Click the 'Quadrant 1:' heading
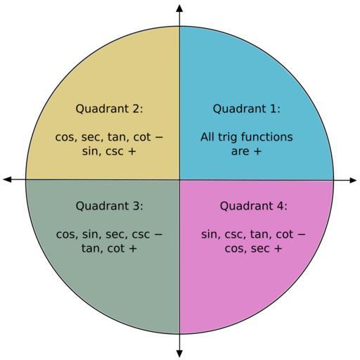[x=246, y=109]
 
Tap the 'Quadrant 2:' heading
[x=109, y=109]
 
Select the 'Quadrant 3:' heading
[x=109, y=206]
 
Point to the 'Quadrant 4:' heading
[x=253, y=206]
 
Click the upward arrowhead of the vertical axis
[x=179, y=8]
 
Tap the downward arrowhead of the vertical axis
[x=179, y=353]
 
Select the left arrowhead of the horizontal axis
[x=7, y=180]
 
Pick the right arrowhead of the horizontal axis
[x=353, y=180]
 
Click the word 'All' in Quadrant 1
[x=207, y=137]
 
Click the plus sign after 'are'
[x=257, y=151]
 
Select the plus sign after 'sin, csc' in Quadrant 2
[x=132, y=151]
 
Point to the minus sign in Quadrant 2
[x=159, y=137]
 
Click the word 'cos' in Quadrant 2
[x=65, y=137]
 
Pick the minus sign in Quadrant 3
[x=158, y=234]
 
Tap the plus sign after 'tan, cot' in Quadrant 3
[x=133, y=249]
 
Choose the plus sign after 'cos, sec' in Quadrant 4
[x=278, y=249]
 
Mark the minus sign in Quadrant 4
[x=302, y=234]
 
